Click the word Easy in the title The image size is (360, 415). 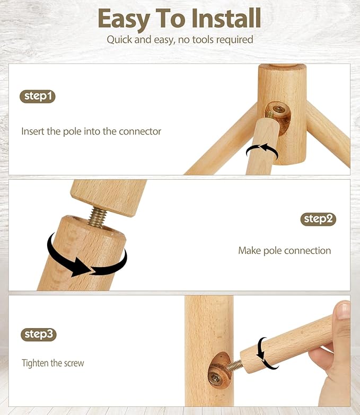(124, 19)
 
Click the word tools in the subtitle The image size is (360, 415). (203, 40)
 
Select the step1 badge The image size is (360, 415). (38, 96)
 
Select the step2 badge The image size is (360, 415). (318, 219)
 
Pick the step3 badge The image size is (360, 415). (39, 334)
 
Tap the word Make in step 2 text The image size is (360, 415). (250, 251)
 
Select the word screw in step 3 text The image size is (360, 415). (74, 364)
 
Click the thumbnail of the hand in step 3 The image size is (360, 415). (343, 310)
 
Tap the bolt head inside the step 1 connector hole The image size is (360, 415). (278, 109)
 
